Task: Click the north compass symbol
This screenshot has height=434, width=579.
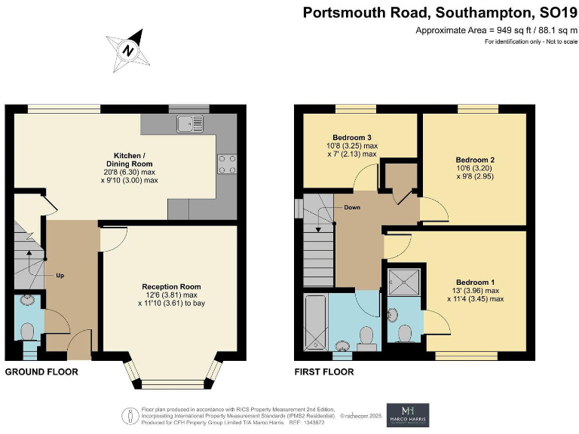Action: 129,48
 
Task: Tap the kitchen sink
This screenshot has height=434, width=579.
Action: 191,124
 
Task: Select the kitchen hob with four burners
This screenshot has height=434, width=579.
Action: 227,163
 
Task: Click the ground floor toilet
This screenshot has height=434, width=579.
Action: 29,332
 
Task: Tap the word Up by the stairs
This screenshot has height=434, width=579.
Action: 60,275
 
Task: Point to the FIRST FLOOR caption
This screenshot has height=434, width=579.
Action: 323,371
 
